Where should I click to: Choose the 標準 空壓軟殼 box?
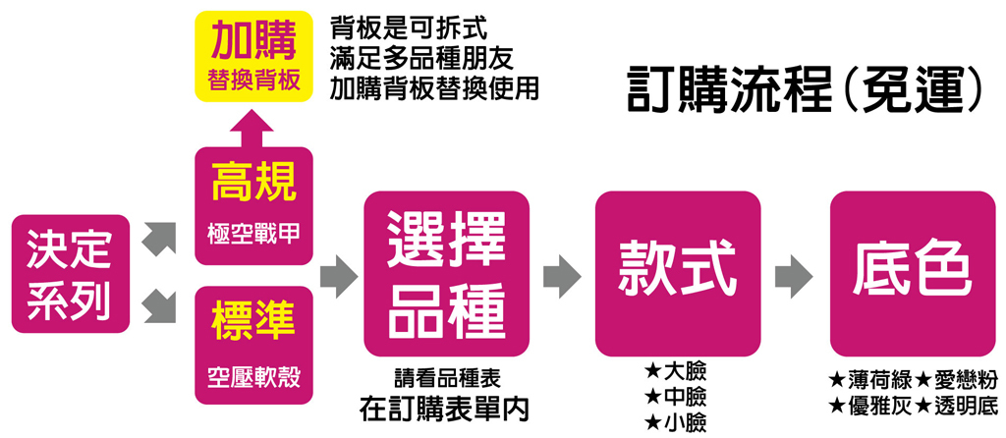coord(253,345)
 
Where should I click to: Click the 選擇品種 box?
coord(446,274)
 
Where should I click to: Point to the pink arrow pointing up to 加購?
coord(253,127)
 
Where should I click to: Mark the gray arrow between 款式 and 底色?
coord(795,276)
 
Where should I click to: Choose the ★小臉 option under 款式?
coord(675,423)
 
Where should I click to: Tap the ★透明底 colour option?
coord(957,404)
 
